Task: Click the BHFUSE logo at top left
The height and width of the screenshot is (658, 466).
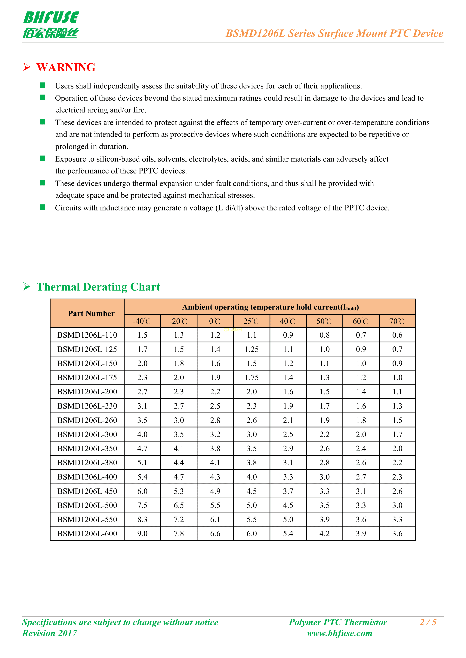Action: point(51,25)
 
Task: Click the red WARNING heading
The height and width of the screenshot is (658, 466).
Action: point(66,67)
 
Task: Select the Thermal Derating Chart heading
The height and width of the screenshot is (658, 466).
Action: point(98,287)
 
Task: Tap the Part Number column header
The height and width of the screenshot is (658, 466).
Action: point(91,313)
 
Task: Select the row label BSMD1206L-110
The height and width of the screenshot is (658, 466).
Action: point(87,335)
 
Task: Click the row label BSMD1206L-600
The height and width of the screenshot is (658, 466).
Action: point(87,534)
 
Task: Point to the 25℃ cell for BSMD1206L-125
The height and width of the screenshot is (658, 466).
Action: point(252,349)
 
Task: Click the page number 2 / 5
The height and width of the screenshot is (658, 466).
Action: point(428,622)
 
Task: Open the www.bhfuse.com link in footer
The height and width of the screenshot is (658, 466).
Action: point(339,633)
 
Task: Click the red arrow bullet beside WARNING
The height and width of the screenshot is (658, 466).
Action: point(27,67)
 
